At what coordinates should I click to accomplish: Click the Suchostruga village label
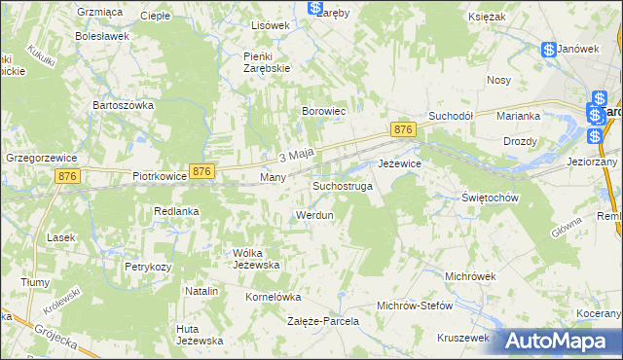(342, 185)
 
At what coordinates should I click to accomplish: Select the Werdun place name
(314, 214)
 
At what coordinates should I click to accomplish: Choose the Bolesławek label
(102, 36)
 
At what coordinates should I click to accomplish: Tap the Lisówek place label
(271, 24)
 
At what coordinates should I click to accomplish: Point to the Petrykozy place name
(148, 266)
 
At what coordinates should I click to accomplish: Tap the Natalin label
(201, 291)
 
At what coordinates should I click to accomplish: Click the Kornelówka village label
(273, 297)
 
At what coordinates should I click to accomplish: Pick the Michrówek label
(470, 276)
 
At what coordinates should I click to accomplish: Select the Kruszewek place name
(461, 337)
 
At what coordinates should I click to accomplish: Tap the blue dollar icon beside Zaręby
(316, 9)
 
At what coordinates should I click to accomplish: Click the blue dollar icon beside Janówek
(549, 49)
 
